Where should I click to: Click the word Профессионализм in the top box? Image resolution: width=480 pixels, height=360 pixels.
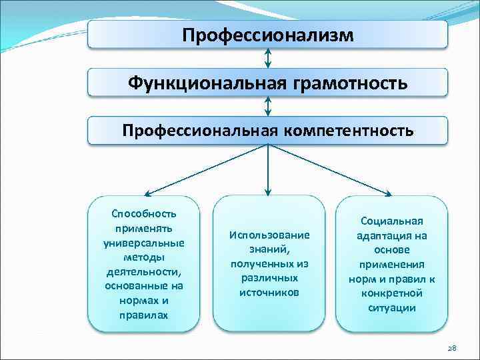[x=268, y=34]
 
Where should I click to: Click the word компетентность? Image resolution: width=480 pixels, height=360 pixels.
[x=348, y=131]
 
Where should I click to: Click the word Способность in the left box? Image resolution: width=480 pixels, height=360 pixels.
[x=144, y=213]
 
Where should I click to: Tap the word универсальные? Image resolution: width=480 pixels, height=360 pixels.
[x=144, y=242]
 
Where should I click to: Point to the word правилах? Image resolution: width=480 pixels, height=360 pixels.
[x=144, y=315]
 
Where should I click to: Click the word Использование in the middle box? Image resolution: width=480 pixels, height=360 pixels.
[x=269, y=235]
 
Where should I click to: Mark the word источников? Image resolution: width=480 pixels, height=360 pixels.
[x=269, y=292]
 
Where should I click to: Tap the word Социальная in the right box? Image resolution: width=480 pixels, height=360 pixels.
[x=392, y=221]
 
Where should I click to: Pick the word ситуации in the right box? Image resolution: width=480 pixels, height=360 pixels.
[x=392, y=307]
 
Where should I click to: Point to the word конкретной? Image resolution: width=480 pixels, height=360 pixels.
[x=392, y=293]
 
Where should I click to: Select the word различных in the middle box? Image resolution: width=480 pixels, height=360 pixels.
[x=269, y=278]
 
